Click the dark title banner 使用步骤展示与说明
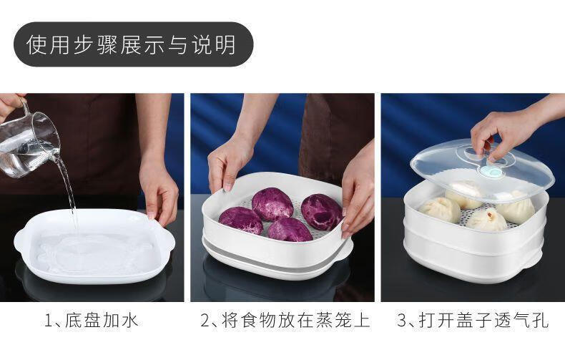[133, 44]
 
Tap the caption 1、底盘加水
[91, 321]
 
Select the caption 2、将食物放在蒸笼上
[285, 321]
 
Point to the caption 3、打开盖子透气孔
[473, 321]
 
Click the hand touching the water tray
[159, 191]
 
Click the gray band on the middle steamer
[274, 257]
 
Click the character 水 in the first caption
[129, 321]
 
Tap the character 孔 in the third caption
[541, 321]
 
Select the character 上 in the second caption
[362, 321]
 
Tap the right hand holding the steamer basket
[357, 195]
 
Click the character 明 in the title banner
[226, 44]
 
